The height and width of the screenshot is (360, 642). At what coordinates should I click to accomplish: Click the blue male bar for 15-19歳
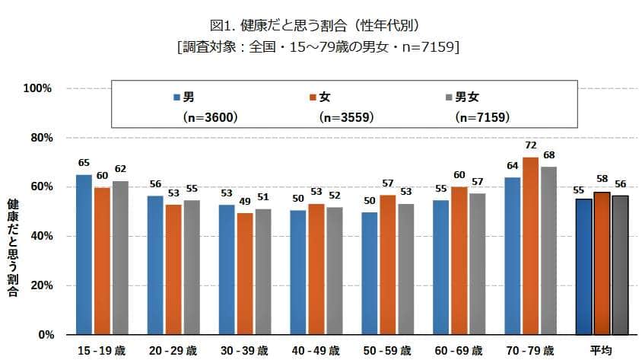click(84, 254)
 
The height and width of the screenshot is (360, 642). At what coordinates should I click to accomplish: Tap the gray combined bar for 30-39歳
click(262, 271)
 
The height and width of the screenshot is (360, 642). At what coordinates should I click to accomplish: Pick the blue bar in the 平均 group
click(584, 266)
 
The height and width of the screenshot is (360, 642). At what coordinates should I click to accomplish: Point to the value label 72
click(531, 145)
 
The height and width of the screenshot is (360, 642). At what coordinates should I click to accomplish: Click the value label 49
click(245, 202)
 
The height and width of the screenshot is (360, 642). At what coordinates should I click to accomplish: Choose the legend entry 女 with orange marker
click(319, 97)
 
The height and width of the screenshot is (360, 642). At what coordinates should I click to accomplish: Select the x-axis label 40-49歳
click(316, 350)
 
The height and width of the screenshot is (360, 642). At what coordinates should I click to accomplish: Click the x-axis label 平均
click(602, 350)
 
